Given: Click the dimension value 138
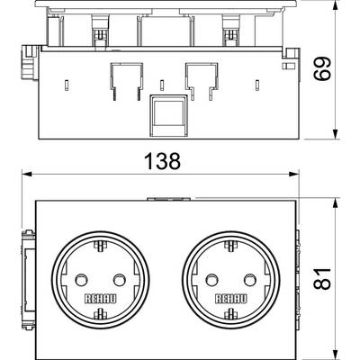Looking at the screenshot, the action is point(162,161).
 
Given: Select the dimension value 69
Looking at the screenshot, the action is point(322,68).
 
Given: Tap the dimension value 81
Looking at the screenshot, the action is point(322,279).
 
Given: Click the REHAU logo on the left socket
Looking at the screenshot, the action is point(100,299).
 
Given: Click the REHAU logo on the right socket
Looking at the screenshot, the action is point(231,299).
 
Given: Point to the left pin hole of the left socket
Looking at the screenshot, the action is point(80,280).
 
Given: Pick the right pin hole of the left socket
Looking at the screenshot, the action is point(120,280).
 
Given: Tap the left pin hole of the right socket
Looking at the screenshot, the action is point(211,280).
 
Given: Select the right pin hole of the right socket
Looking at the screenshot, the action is point(250,280).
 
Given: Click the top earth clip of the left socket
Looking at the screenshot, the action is point(100,247).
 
